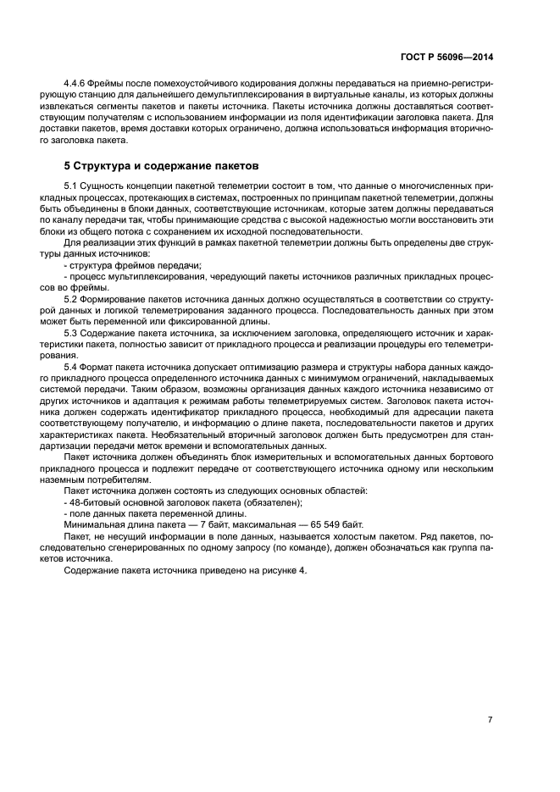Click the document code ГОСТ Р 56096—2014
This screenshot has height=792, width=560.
pyautogui.click(x=447, y=57)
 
